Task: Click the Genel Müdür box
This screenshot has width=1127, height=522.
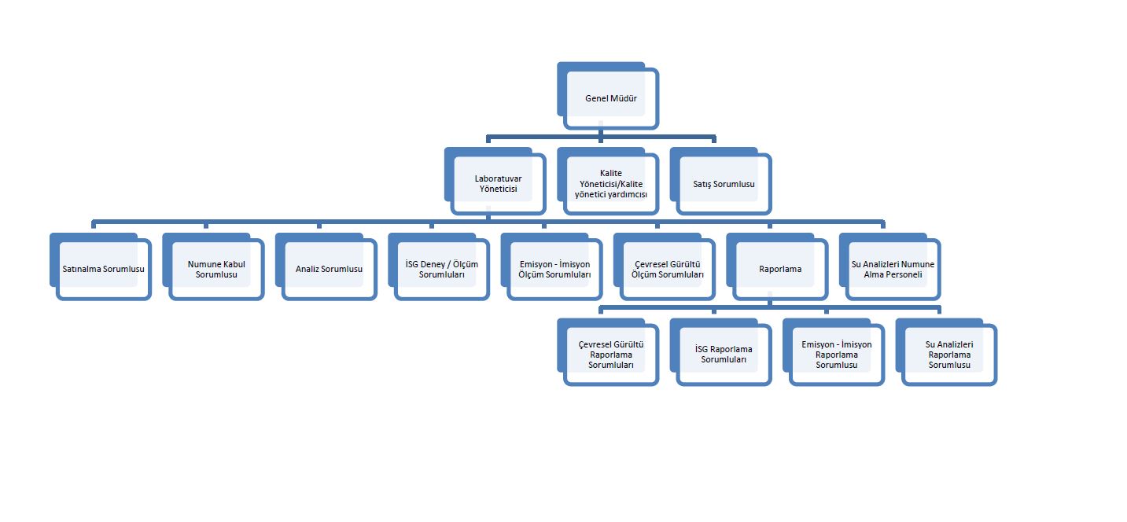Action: click(x=610, y=99)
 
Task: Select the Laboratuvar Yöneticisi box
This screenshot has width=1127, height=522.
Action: click(x=498, y=184)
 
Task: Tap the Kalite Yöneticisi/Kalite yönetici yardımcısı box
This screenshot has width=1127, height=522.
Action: click(x=611, y=184)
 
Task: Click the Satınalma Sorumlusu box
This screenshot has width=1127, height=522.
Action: click(x=103, y=270)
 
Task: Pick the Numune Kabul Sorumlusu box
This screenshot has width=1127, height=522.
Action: click(x=216, y=270)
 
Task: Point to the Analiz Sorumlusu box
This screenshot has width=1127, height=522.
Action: click(x=329, y=270)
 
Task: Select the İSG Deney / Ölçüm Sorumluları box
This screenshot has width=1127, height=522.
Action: click(x=442, y=270)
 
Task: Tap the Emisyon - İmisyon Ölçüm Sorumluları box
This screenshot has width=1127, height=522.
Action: click(x=554, y=270)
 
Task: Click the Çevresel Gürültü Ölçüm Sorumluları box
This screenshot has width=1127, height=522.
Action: click(x=668, y=270)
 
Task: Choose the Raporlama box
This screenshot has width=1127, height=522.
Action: click(x=780, y=270)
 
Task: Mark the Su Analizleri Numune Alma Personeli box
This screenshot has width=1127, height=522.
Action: click(x=893, y=270)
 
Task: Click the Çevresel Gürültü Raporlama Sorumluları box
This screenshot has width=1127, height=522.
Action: click(x=611, y=355)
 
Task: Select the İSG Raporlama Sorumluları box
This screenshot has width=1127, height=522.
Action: click(x=724, y=355)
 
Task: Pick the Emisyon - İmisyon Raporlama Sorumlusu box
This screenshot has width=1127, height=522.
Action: click(x=836, y=355)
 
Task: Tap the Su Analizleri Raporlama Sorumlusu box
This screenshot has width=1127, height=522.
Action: click(x=949, y=355)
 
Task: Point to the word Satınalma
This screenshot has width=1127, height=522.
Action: click(x=81, y=270)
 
